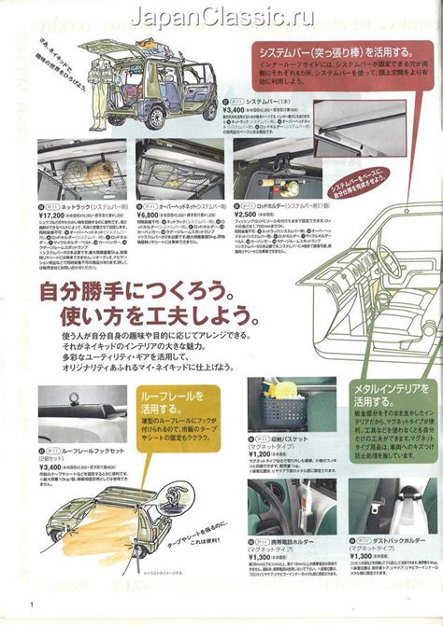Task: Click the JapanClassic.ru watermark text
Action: pos(221,17)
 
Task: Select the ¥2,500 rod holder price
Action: pos(252,214)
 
